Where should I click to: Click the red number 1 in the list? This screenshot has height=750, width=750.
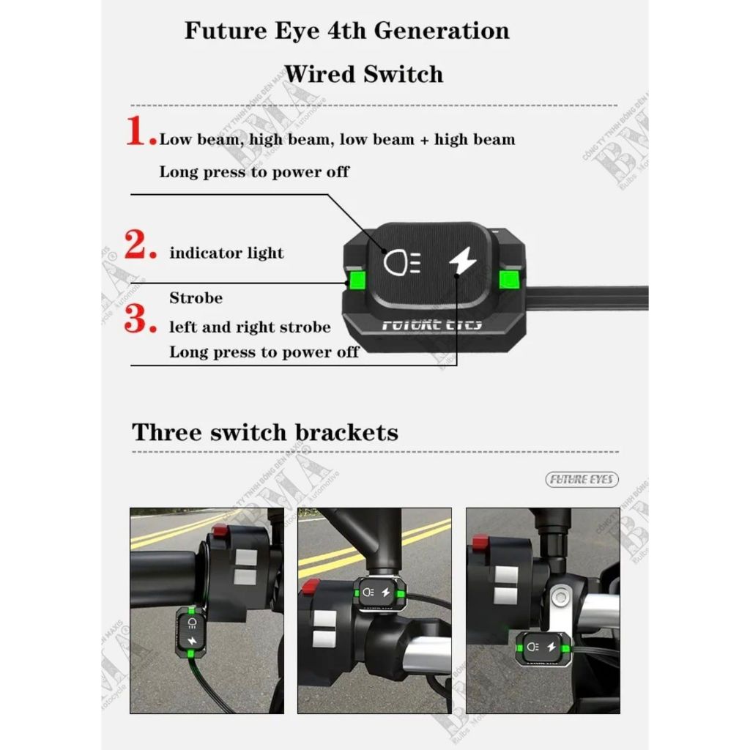pos(139,132)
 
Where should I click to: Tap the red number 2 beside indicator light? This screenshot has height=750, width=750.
pos(140,245)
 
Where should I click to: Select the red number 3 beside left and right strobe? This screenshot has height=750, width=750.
pos(140,319)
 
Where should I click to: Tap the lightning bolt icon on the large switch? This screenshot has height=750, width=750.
pos(461,261)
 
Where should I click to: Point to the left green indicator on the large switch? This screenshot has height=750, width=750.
pos(357,279)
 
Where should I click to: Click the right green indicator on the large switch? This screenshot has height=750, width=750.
pos(508,279)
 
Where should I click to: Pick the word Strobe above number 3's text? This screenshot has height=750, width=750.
pos(196,298)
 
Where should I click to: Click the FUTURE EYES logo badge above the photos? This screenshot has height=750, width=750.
pos(582,480)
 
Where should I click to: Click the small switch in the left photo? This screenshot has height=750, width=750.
pos(192,632)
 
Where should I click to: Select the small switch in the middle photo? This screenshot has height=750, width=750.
pos(380,593)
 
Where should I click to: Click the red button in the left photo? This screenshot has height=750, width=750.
pos(219,532)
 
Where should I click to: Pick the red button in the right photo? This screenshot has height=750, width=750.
pos(480,543)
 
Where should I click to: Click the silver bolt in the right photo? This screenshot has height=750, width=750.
pos(560,597)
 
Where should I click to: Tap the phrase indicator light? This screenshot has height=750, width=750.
pos(226,253)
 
